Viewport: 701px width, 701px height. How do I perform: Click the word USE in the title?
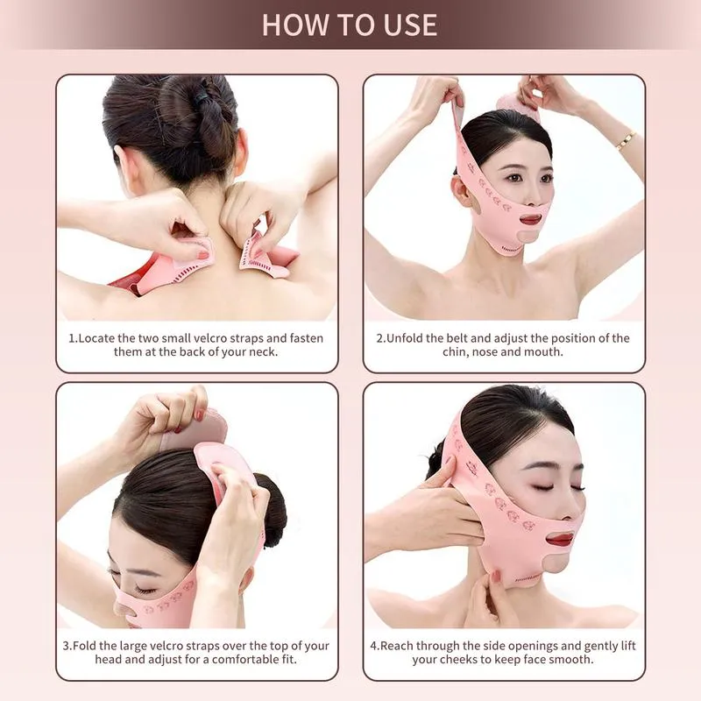(x=410, y=25)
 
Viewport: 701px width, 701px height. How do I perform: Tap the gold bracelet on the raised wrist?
(x=626, y=140)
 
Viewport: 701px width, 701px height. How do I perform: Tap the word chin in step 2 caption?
(x=455, y=352)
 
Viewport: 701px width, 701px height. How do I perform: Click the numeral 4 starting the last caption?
(x=374, y=646)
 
